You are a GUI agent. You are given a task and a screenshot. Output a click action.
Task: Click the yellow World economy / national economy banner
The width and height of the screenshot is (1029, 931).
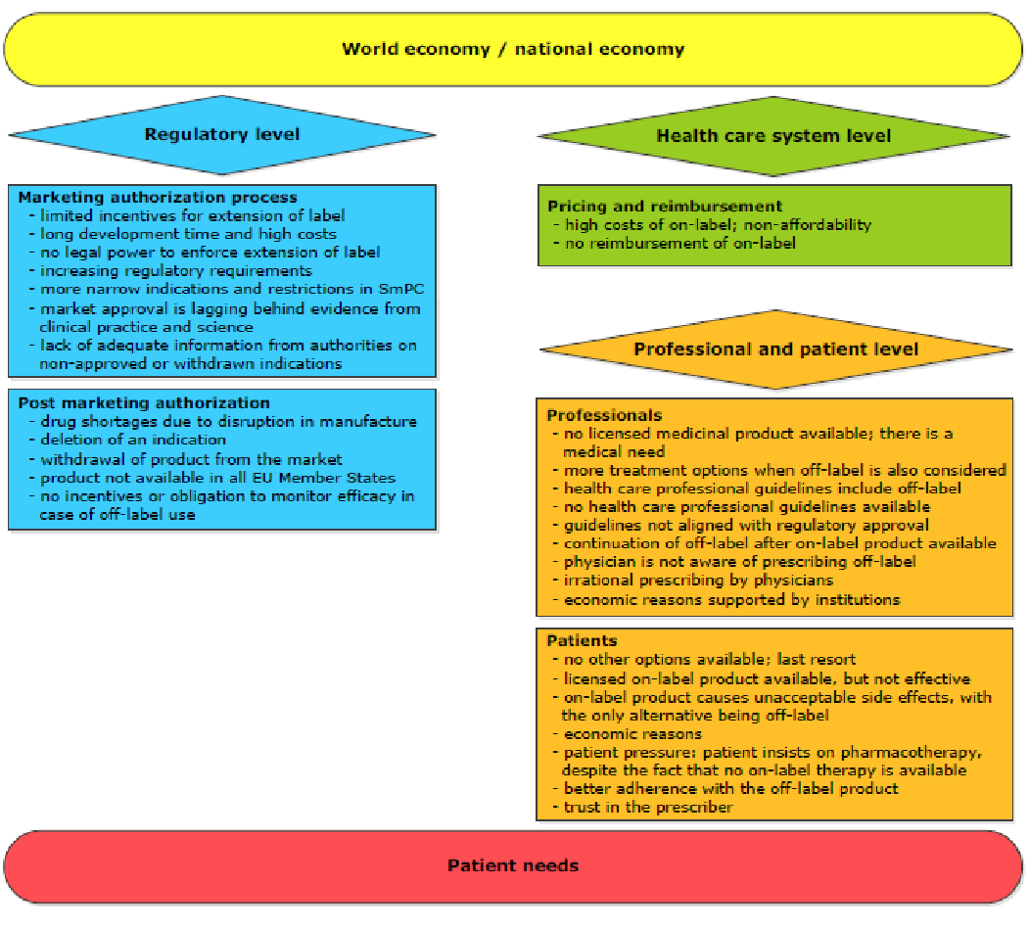tap(513, 49)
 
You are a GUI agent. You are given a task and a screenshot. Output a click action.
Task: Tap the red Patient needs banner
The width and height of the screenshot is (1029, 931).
tap(513, 866)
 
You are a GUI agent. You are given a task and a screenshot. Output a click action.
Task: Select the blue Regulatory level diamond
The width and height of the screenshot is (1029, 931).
tap(222, 134)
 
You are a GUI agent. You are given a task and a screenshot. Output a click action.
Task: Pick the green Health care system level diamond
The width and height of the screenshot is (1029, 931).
tap(773, 136)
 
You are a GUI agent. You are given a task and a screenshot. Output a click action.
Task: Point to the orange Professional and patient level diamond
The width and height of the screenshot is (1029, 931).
tap(775, 349)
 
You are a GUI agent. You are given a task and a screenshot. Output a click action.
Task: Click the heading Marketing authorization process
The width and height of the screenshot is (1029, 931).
tap(158, 198)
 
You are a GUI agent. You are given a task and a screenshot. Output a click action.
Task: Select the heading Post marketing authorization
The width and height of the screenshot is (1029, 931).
tap(144, 402)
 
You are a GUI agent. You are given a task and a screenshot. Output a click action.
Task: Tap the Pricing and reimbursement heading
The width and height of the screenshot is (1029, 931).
tap(665, 206)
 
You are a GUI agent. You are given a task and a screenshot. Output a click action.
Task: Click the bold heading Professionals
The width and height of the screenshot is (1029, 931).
tap(604, 415)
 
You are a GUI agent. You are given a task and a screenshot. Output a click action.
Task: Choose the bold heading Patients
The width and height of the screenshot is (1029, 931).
tap(583, 641)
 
